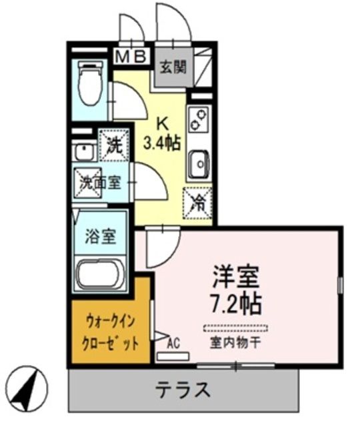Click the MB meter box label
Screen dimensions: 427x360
[131, 57]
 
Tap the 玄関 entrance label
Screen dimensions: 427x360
[172, 65]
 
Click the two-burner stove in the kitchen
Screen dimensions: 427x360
[199, 121]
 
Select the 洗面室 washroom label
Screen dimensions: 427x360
[100, 181]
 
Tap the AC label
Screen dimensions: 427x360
[173, 344]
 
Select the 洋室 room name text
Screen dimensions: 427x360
[235, 276]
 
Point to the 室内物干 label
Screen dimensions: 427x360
[235, 344]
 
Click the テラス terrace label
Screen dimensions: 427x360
[183, 389]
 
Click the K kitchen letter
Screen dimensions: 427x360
[162, 123]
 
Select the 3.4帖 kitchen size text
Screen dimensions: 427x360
[162, 142]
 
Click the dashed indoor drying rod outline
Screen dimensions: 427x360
[235, 328]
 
